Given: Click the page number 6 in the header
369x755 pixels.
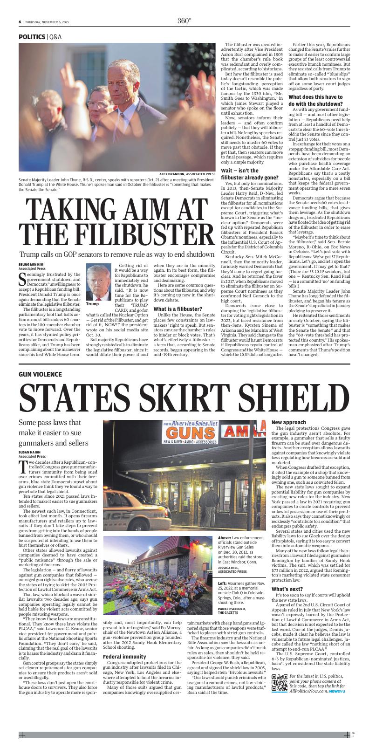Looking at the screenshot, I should (x=20, y=21).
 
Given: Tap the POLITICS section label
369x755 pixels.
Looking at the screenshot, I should (x=32, y=36).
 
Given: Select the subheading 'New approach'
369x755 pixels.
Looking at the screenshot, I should (x=289, y=422).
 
